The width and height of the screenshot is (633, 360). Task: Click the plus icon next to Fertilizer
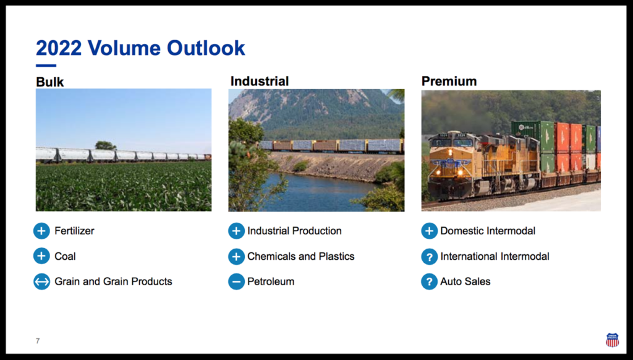point(41,231)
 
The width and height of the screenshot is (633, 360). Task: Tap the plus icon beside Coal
point(41,256)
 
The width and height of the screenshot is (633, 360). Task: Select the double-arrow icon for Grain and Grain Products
point(41,281)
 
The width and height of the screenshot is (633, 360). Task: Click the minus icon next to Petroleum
point(236,281)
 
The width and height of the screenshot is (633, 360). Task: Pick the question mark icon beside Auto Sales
point(429,281)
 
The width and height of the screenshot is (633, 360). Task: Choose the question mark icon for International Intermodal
point(429,256)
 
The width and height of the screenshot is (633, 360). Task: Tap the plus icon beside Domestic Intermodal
point(429,231)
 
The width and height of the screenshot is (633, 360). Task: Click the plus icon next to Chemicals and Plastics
point(236,256)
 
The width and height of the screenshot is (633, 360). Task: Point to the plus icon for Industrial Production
point(236,231)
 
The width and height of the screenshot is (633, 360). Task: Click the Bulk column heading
point(49,82)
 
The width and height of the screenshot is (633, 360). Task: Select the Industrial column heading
point(260,81)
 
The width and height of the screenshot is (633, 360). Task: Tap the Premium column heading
point(449,81)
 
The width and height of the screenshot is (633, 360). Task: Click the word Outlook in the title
point(206,48)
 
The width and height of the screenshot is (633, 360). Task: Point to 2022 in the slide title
point(59,48)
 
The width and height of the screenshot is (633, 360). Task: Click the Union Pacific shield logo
point(612,340)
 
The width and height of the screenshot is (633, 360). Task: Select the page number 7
point(38,341)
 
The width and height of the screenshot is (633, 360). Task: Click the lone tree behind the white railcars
point(106,145)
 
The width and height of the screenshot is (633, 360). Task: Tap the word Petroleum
point(271,281)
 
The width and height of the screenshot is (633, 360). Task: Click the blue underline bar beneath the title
point(46,66)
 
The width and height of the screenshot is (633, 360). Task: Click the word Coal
point(65,256)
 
